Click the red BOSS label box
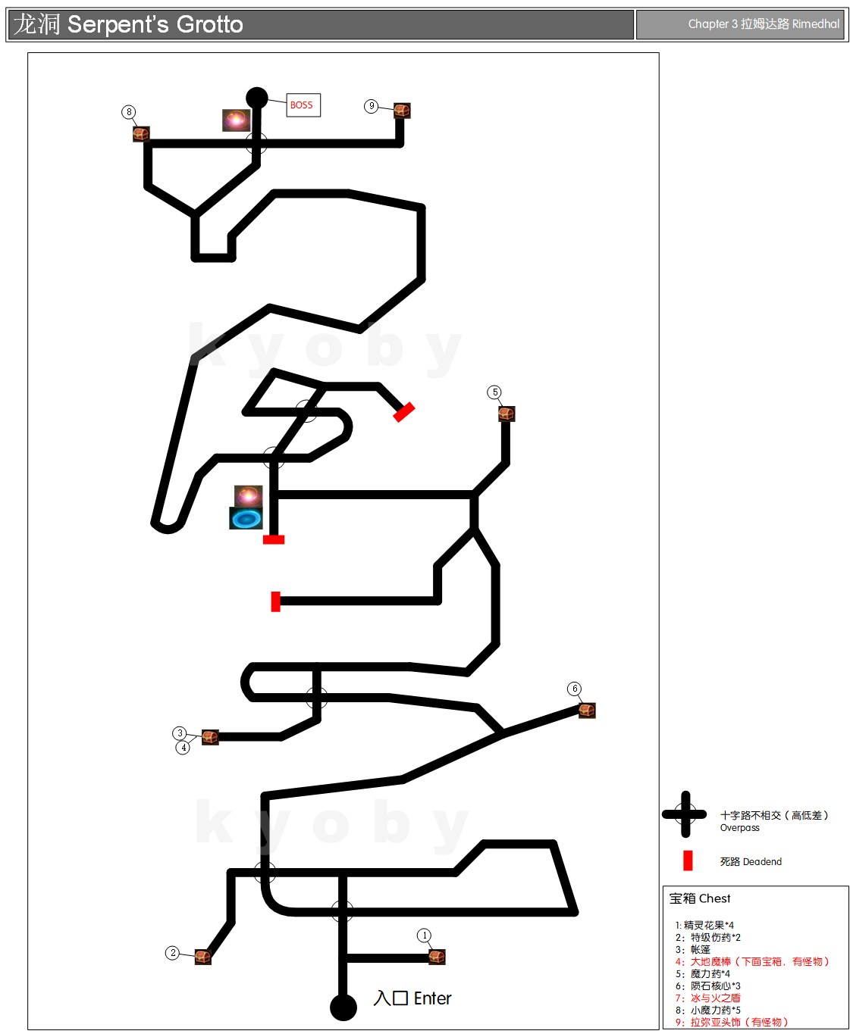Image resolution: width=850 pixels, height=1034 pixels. coord(303,105)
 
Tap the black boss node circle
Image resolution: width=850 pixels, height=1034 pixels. coord(256,98)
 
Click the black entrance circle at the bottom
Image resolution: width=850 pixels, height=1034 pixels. coord(343,1007)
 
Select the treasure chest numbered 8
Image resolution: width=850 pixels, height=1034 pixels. coord(141,134)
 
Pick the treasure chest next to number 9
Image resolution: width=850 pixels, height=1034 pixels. coord(401,111)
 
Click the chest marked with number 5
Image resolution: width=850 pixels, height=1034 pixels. coord(506,414)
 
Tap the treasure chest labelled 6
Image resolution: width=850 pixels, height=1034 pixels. coord(586,710)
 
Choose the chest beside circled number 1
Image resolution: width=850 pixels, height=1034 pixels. coord(436,956)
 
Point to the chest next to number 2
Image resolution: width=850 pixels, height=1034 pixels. coord(202,956)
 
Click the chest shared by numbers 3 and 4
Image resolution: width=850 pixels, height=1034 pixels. coord(210,736)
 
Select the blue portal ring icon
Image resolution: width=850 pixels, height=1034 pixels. coord(246,518)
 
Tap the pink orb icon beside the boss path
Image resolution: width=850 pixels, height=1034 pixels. coord(236,120)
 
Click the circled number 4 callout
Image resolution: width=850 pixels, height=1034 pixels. coord(183,747)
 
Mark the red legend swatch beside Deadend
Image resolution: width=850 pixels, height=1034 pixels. coord(688,861)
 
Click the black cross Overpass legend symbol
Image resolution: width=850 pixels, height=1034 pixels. coord(685,814)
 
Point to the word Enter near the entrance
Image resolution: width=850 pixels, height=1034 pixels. coord(432,998)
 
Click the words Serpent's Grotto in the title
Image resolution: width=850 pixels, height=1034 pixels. coord(155,24)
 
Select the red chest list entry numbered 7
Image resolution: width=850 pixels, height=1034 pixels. coord(707,998)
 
